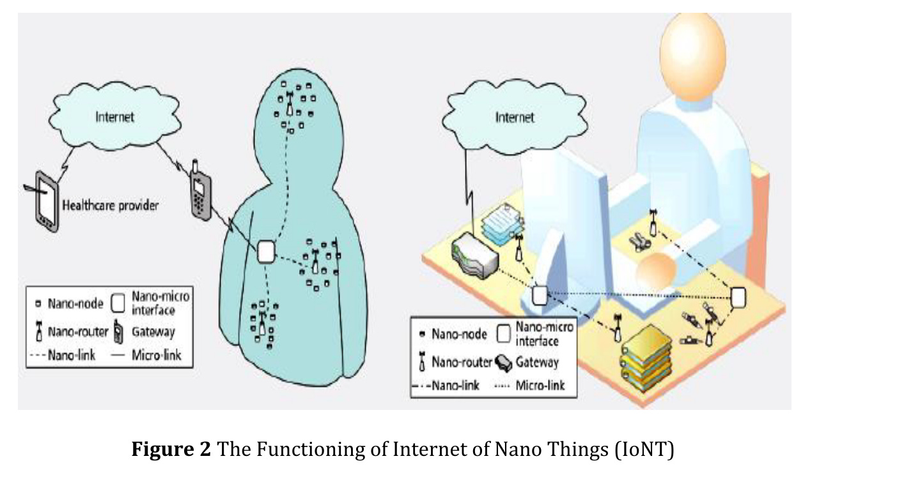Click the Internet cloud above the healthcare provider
coord(115,117)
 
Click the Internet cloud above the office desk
coord(515,117)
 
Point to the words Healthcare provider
coord(110,206)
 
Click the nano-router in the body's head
coord(290,105)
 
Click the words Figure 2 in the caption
coord(171,450)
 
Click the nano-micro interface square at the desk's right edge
coord(738,296)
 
